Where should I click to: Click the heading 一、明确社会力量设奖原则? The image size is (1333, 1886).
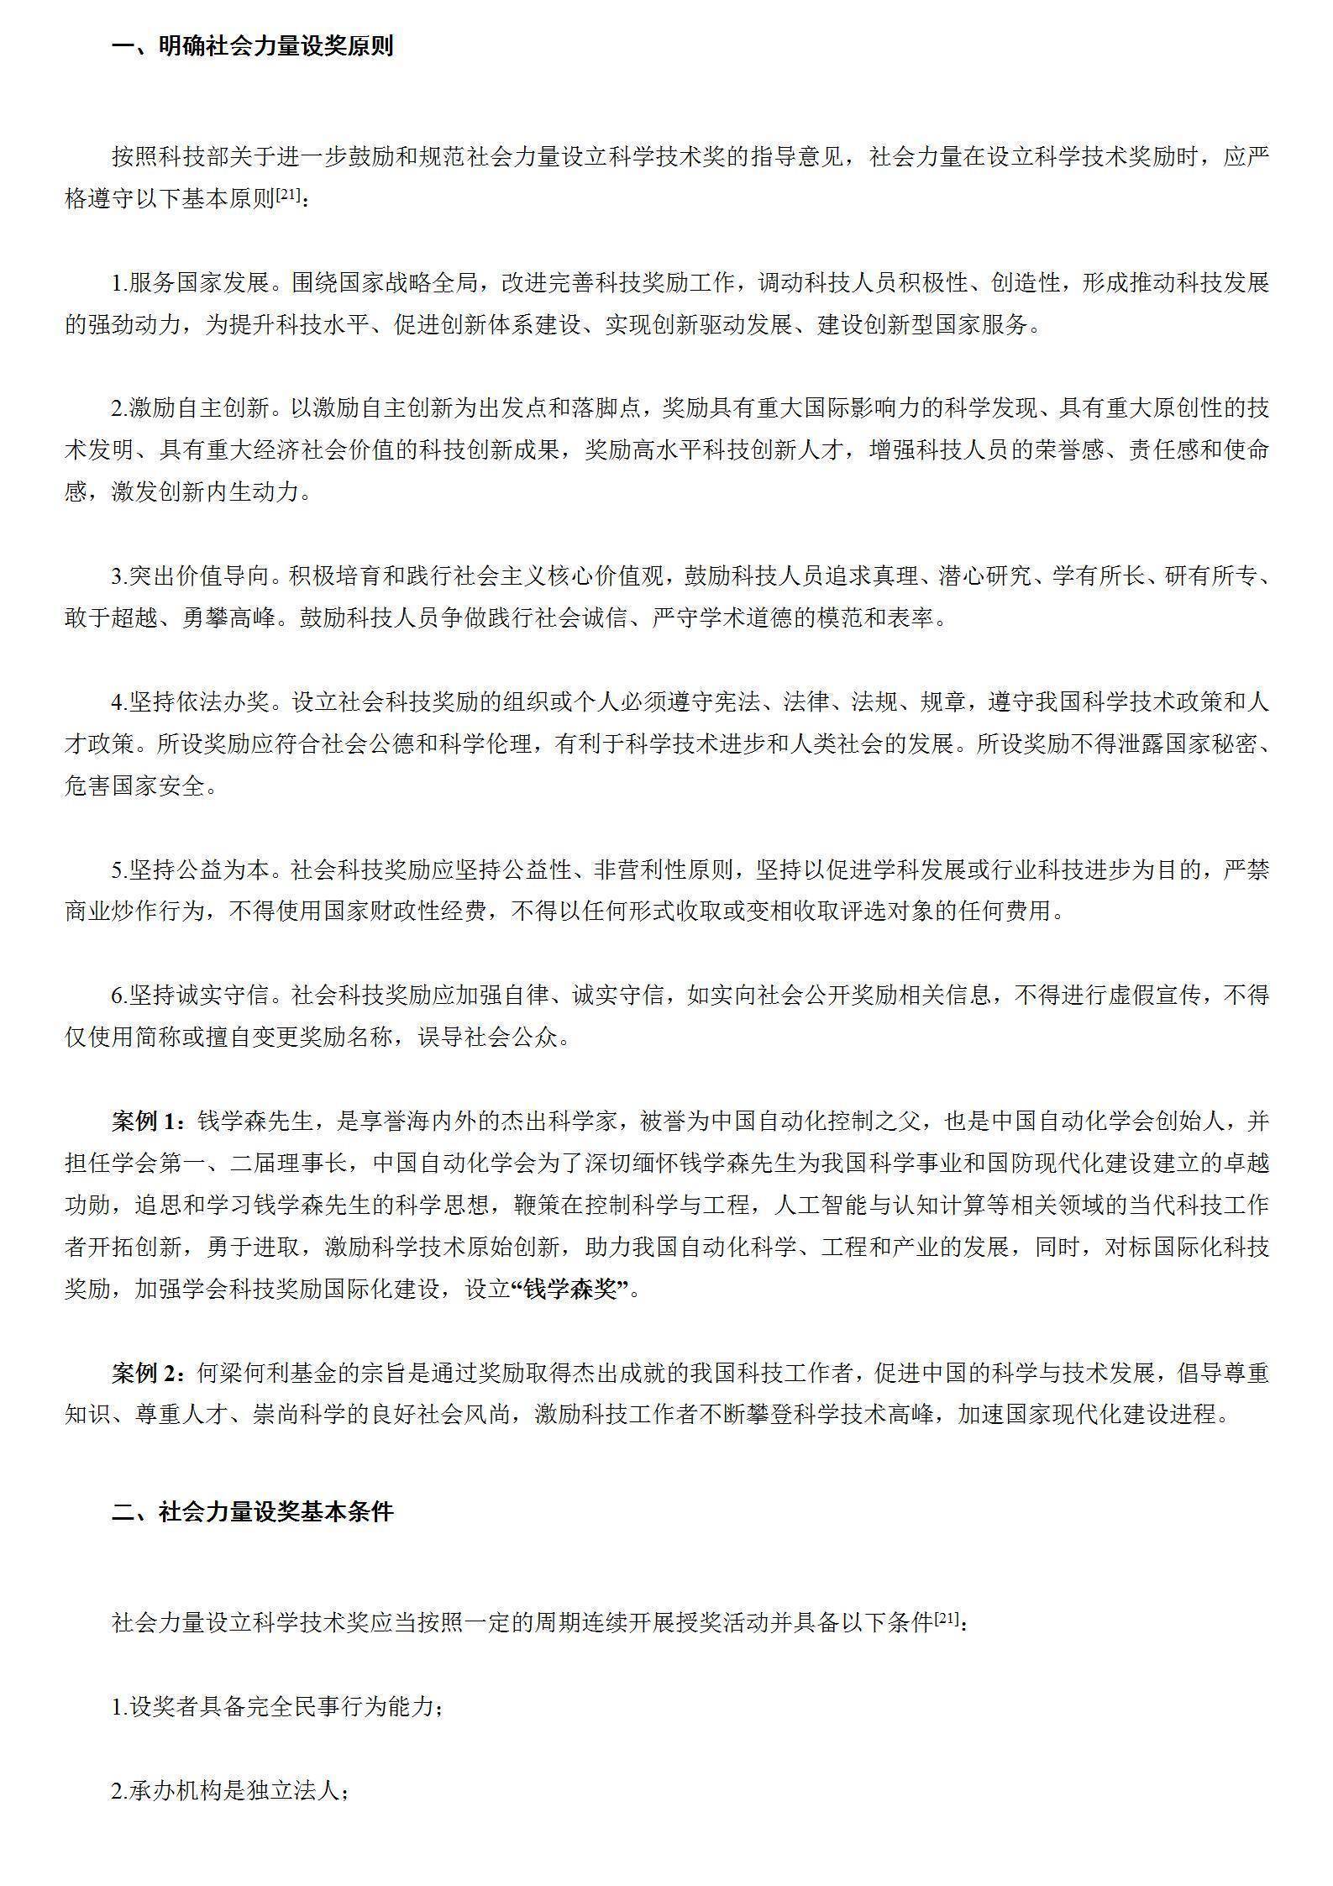[x=252, y=46]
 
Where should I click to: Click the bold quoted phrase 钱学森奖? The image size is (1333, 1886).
[x=570, y=1289]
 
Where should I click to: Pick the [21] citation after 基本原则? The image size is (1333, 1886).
[x=287, y=194]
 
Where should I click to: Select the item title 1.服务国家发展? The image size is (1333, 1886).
[x=192, y=282]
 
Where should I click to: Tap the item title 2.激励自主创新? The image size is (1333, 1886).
[x=192, y=408]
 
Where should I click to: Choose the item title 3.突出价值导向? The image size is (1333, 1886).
[x=192, y=576]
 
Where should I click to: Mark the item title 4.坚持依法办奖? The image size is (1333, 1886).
[x=192, y=701]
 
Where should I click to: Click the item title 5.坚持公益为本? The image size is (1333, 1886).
[x=192, y=869]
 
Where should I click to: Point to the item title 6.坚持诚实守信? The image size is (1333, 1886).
[x=192, y=996]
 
